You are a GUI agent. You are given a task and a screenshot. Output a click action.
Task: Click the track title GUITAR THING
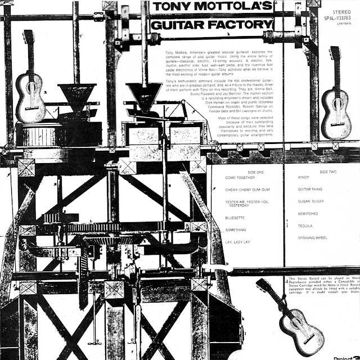point(311,189)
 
